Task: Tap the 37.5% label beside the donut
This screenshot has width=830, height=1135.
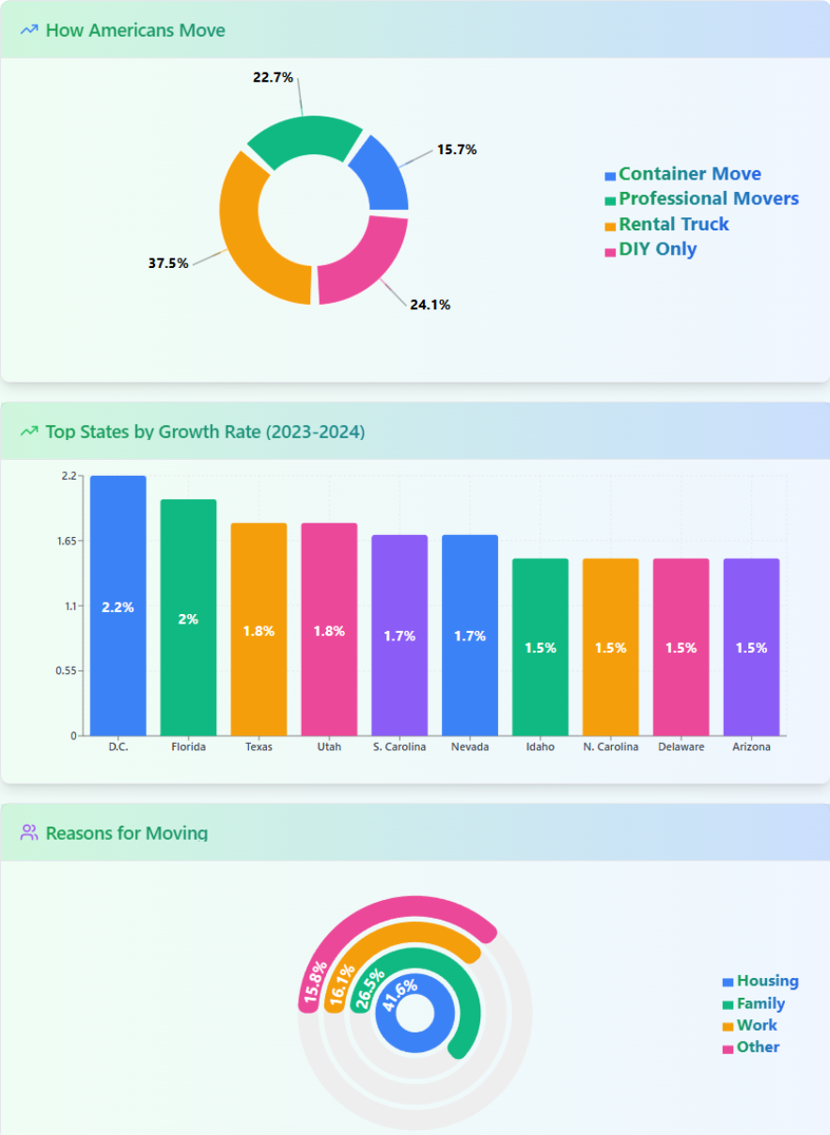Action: click(x=168, y=263)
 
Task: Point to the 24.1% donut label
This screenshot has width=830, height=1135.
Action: click(x=430, y=305)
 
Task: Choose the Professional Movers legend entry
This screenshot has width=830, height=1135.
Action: click(x=701, y=198)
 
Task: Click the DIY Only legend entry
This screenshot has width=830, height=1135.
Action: click(x=650, y=249)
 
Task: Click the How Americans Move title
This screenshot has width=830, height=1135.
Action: click(x=135, y=30)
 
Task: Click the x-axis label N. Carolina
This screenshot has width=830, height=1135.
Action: click(x=610, y=748)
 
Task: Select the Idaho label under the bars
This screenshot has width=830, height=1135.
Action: click(x=540, y=748)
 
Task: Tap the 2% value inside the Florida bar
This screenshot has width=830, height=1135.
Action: click(x=188, y=620)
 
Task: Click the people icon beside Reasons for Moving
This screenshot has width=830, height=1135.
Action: click(x=29, y=832)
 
